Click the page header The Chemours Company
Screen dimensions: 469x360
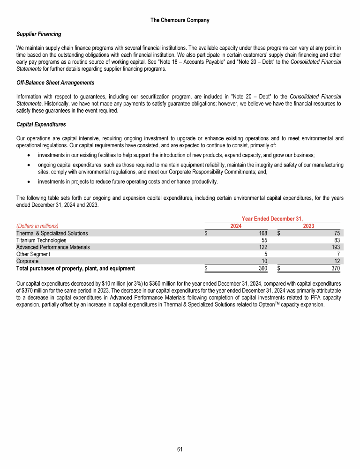(180, 20)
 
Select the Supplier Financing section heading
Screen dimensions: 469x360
(39, 34)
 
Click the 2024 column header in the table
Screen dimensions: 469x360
(237, 226)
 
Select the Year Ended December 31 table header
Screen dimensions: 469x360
(272, 219)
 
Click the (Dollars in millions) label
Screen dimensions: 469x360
(37, 226)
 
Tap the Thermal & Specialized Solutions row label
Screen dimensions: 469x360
(52, 233)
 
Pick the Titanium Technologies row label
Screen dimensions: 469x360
(41, 240)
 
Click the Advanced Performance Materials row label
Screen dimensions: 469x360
(53, 247)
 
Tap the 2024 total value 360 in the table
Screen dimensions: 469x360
(262, 268)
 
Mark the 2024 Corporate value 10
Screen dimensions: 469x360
(263, 261)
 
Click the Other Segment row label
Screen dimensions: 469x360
(33, 254)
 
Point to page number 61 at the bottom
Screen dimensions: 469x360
(180, 449)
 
